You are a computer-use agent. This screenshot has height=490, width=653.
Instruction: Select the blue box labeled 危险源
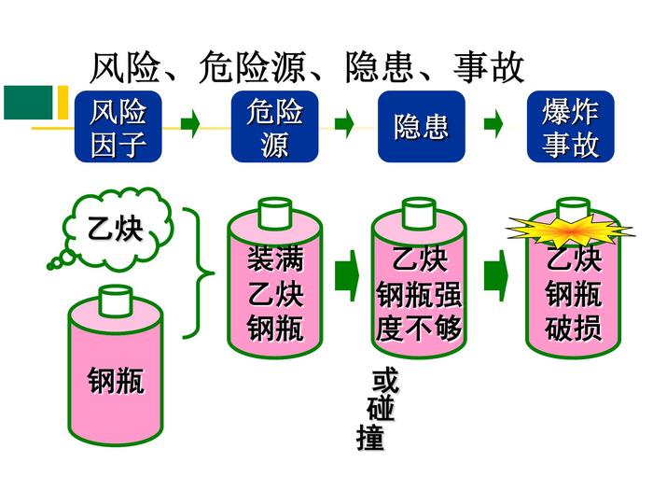[275, 128]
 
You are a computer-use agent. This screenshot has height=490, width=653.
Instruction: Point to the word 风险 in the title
[126, 67]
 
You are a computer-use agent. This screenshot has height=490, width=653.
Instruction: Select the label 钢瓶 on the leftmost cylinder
[117, 381]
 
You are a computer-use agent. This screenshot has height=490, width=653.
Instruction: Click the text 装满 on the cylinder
[275, 258]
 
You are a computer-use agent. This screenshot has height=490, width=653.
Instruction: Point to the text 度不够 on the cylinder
[419, 329]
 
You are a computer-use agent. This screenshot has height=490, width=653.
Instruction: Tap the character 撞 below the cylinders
[370, 439]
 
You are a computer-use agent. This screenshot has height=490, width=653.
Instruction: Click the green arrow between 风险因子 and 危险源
[190, 123]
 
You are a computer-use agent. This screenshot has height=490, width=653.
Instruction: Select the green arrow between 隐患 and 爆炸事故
[493, 123]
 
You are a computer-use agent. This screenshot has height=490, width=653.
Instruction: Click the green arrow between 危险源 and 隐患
[344, 123]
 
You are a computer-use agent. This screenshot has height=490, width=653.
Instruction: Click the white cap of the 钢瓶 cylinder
[116, 301]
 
